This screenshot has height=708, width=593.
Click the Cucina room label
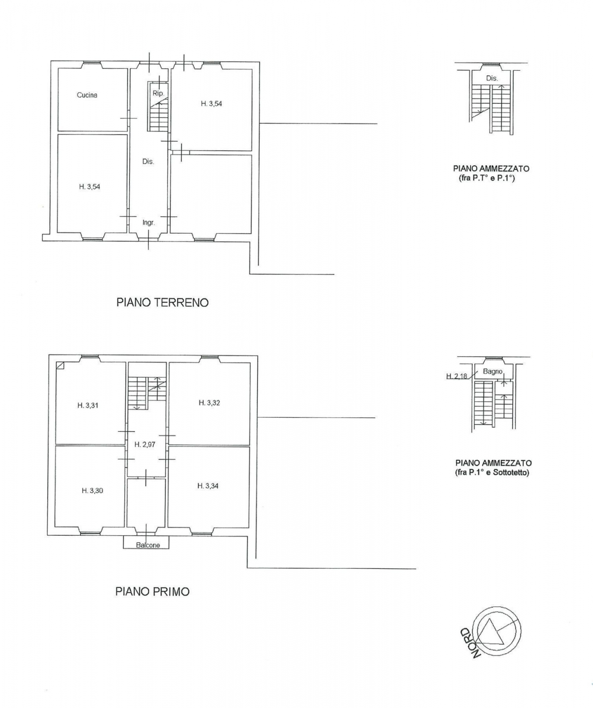click(87, 95)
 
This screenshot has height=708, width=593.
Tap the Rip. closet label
click(158, 93)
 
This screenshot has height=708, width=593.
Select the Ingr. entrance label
click(149, 223)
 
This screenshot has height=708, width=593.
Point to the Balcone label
click(148, 545)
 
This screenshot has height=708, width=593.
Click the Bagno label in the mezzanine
click(492, 371)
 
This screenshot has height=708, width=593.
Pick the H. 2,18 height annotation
click(457, 376)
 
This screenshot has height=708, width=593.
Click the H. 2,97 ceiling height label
click(145, 445)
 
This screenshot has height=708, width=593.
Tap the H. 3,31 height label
click(88, 405)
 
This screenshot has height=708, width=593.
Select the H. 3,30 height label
click(92, 491)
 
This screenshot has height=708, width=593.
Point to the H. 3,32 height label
click(209, 403)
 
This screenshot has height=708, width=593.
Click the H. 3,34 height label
click(208, 486)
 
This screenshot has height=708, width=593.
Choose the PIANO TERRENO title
click(162, 303)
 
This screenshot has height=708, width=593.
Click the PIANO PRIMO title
click(152, 592)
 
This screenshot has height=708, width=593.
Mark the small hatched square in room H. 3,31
click(60, 365)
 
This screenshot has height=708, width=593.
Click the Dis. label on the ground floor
click(148, 162)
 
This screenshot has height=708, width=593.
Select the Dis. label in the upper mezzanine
click(492, 78)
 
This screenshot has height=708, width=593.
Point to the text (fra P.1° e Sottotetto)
click(492, 472)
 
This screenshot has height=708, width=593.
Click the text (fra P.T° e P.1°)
click(487, 178)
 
